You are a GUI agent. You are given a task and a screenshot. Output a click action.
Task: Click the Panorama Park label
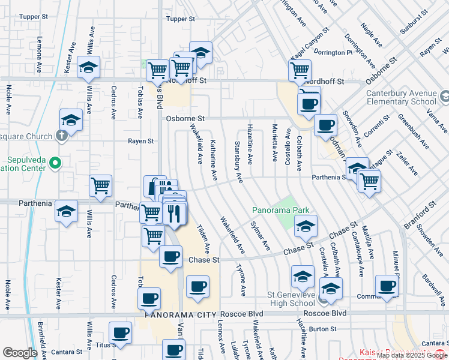click(280, 210)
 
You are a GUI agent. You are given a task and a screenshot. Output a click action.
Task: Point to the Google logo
click(19, 353)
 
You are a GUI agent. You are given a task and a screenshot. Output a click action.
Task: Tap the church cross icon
click(61, 136)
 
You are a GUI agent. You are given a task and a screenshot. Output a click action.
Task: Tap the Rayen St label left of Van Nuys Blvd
click(141, 142)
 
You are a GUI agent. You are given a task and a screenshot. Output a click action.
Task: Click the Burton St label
click(323, 329)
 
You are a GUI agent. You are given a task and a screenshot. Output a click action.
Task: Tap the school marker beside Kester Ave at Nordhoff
click(88, 67)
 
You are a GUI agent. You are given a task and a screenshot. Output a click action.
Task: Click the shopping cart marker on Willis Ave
click(100, 185)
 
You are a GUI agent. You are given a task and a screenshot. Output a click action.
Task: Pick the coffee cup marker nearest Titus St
click(120, 332)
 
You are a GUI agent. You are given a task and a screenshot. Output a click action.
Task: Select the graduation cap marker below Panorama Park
click(306, 226)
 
